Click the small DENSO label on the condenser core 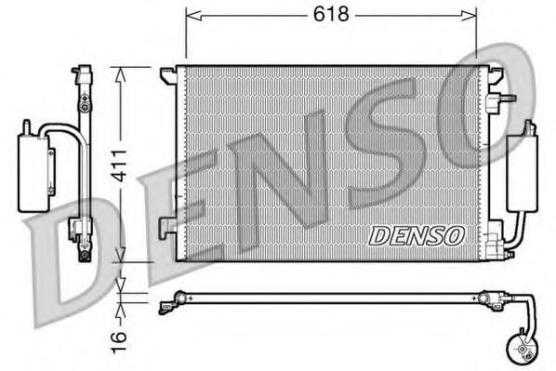[416, 235]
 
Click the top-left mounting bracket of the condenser [167, 73]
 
